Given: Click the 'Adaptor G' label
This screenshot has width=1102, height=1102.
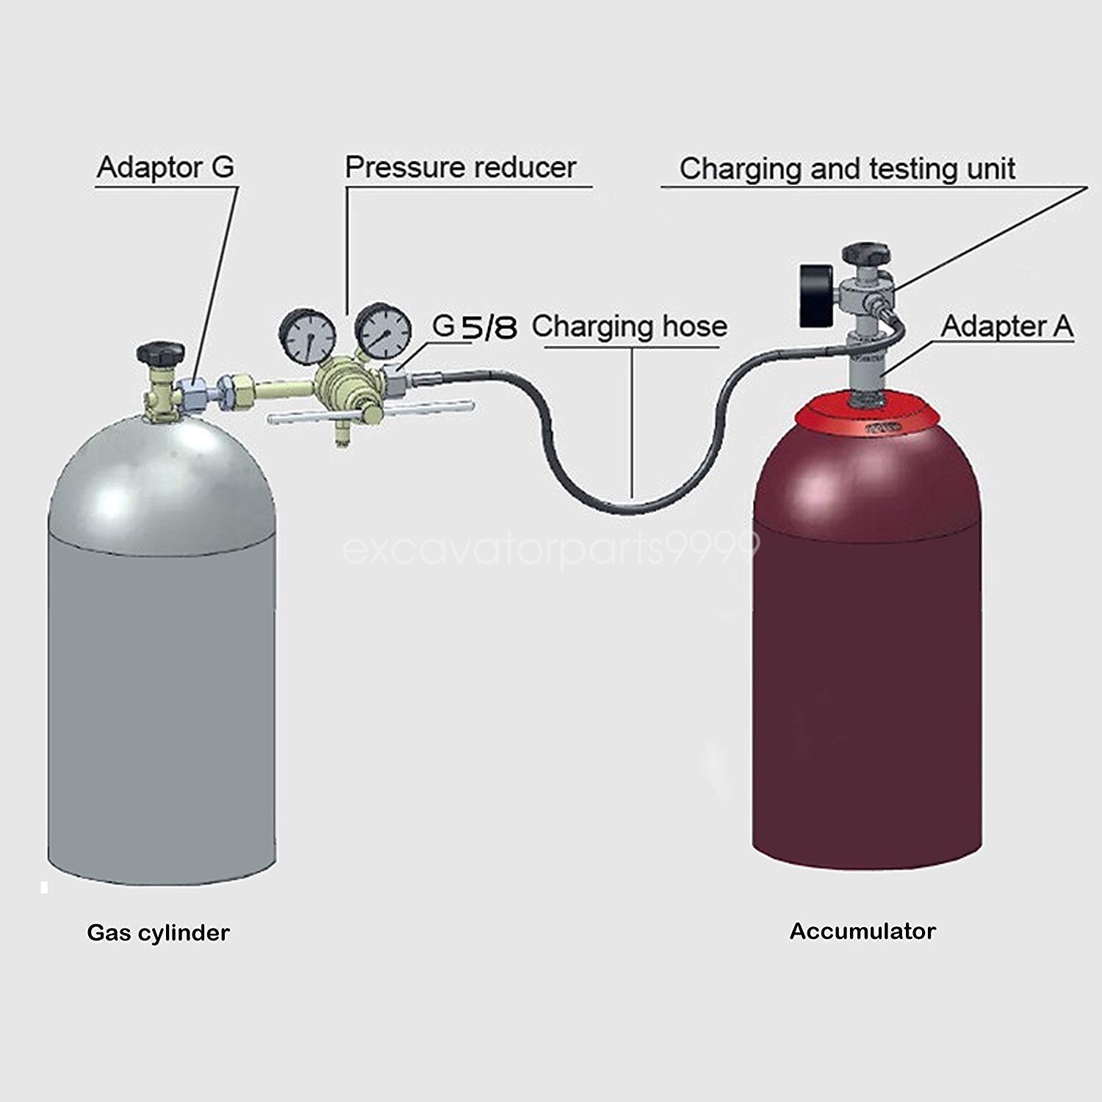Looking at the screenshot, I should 165,168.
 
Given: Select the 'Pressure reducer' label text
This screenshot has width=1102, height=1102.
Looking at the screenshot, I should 460,168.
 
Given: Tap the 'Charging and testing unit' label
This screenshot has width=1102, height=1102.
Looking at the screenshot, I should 846,169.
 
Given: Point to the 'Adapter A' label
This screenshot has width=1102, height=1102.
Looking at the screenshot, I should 1006,325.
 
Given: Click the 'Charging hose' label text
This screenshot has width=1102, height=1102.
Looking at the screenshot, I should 630,326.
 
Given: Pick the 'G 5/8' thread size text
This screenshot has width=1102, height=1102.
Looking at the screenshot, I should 474,326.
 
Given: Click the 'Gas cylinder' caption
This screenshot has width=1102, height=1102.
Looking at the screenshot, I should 158,932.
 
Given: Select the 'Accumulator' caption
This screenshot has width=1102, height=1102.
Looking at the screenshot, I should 862,931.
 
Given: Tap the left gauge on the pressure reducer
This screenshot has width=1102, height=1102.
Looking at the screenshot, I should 306,335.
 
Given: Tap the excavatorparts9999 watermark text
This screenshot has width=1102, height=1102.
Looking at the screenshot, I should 551,548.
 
